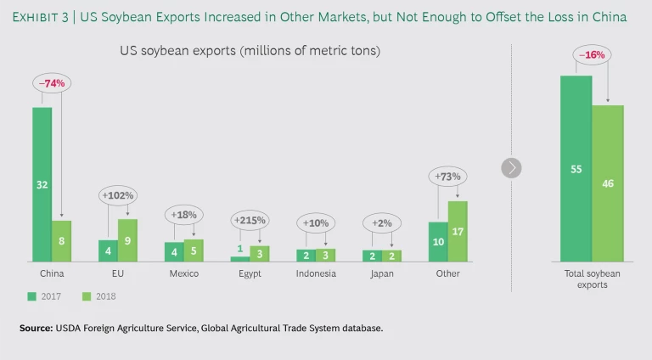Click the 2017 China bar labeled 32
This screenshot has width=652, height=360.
[42, 183]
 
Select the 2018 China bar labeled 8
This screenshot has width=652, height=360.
[61, 240]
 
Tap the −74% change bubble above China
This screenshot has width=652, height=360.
[52, 83]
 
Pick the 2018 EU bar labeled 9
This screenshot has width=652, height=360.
[127, 239]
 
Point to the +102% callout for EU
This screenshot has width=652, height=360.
[118, 194]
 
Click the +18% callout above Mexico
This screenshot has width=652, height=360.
[183, 216]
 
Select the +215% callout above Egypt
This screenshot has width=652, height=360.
[250, 220]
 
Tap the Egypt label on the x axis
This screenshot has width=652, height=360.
[250, 274]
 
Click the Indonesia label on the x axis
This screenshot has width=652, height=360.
[316, 274]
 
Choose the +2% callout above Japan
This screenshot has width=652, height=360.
[382, 223]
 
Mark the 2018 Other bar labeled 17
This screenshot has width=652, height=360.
[458, 230]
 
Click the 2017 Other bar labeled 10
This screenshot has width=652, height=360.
[438, 241]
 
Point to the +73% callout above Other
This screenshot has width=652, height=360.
[448, 177]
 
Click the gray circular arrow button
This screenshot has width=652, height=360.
[511, 167]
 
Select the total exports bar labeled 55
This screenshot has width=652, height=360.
[576, 168]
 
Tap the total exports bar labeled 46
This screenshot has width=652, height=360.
[608, 183]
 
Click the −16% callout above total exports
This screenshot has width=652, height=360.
[592, 55]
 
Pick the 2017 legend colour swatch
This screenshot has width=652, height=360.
[31, 296]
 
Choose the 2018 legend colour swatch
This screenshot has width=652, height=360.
[85, 296]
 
